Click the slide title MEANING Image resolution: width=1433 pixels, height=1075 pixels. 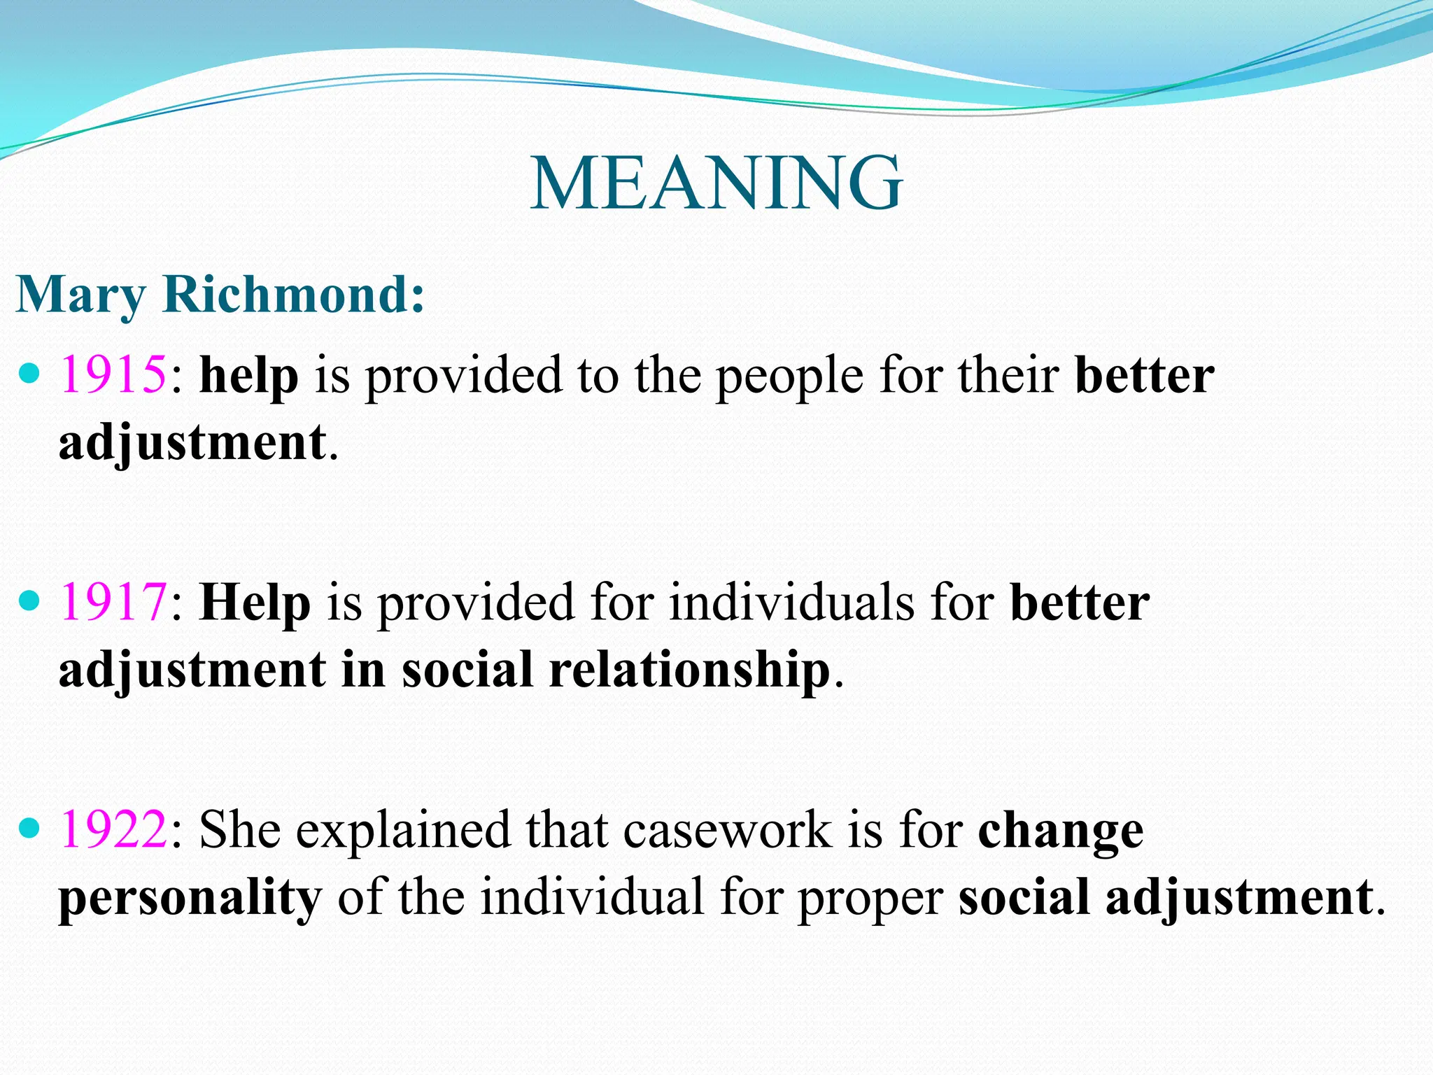click(716, 183)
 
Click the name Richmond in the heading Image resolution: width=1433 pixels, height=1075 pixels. click(294, 294)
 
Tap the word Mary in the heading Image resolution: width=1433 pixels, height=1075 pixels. click(80, 295)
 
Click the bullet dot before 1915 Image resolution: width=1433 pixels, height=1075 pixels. click(29, 374)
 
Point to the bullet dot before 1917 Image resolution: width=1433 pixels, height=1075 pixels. click(29, 601)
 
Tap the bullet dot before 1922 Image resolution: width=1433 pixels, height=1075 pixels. click(29, 829)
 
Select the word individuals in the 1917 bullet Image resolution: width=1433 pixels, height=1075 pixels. click(791, 603)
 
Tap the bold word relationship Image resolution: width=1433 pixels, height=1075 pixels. click(689, 670)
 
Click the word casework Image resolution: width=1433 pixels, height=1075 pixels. click(728, 830)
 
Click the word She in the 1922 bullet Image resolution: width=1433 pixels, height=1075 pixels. click(239, 830)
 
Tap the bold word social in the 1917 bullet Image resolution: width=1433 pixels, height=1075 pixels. click(468, 670)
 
